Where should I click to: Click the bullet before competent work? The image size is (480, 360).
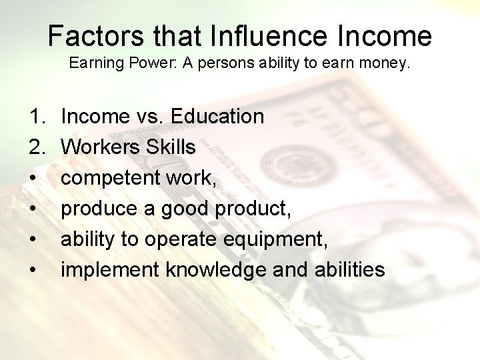click(34, 179)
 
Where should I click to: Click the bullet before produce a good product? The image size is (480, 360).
click(34, 209)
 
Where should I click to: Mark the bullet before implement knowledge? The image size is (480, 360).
click(34, 271)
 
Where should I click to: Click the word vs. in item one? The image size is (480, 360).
click(150, 117)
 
